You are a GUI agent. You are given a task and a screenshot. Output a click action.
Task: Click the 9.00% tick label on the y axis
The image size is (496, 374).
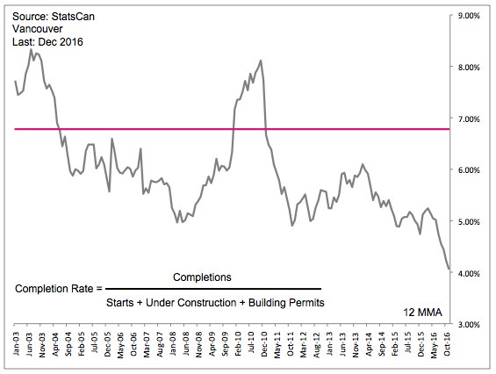469,16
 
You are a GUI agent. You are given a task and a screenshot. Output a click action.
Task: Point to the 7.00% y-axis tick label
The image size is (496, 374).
469,119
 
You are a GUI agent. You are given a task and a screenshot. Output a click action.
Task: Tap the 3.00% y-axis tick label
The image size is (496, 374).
469,324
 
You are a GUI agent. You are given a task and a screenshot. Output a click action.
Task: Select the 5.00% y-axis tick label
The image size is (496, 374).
469,221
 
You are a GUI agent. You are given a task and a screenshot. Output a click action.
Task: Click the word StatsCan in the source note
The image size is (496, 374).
73,17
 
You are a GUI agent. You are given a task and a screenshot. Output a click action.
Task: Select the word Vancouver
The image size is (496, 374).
38,29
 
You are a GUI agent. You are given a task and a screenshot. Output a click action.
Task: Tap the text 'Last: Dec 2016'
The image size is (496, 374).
47,42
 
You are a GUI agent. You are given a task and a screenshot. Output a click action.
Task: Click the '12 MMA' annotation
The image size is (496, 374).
422,313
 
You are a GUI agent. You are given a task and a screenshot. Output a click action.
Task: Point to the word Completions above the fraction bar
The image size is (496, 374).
202,277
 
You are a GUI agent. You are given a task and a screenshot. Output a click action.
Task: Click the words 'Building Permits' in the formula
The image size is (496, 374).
286,303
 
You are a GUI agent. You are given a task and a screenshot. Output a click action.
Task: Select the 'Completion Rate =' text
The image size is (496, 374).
59,289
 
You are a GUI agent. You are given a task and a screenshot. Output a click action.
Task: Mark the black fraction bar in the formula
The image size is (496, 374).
213,289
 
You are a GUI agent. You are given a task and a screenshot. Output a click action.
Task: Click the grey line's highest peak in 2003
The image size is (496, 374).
31,50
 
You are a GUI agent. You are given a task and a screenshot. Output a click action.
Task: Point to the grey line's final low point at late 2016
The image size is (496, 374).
449,269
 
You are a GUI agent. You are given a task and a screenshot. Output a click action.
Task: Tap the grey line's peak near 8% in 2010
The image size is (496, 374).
261,61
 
